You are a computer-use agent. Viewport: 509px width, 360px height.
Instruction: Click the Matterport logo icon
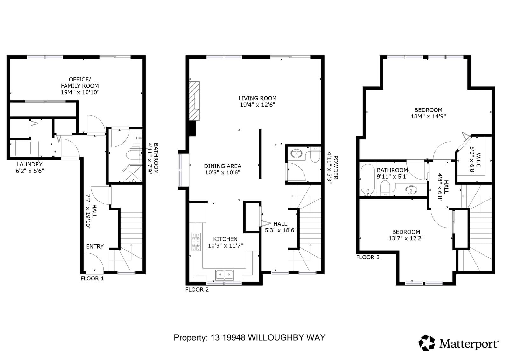point(427,343)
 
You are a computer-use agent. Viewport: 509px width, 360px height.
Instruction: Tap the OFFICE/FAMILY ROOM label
point(80,82)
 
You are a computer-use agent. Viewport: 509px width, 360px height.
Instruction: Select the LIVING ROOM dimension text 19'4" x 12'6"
point(257,105)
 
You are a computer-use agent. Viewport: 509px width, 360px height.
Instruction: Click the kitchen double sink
point(224,275)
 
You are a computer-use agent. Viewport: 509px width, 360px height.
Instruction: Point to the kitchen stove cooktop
point(196,242)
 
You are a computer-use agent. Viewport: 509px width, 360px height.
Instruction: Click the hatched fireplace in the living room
point(194,101)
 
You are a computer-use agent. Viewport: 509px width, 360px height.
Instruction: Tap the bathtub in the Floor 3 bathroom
point(368,180)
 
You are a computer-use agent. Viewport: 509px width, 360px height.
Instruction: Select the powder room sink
point(296,153)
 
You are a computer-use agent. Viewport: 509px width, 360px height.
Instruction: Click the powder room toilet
point(315,155)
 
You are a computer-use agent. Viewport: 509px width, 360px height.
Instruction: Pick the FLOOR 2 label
point(197,290)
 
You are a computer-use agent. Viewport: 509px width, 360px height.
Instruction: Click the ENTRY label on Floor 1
point(95,246)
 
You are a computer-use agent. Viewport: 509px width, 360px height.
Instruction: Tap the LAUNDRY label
point(30,164)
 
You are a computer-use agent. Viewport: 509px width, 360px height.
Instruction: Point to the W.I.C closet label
point(478,160)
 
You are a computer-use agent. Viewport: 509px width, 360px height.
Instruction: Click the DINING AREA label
point(222,166)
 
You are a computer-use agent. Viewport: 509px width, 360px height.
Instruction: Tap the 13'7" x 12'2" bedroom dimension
point(406,238)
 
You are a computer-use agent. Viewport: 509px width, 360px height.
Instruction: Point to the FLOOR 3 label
point(368,257)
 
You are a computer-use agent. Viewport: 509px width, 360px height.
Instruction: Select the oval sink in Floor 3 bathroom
point(411,189)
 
